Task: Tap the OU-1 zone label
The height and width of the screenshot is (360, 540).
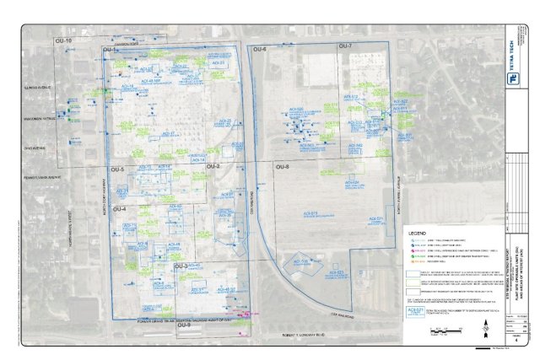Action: point(110,51)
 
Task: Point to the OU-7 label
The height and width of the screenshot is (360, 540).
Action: point(345,46)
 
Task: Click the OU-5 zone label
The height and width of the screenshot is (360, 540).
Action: point(116,171)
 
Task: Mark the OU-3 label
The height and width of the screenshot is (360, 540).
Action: point(181,266)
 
